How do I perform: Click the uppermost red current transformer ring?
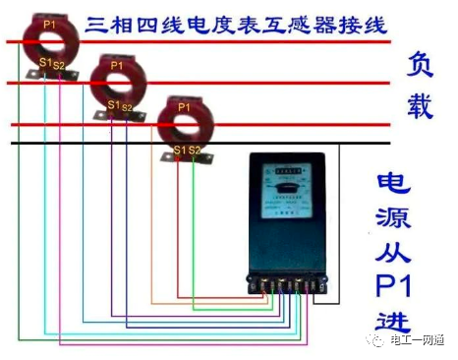[x=48, y=41]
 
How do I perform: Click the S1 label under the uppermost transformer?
[x=44, y=65]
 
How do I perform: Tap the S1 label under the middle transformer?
[x=112, y=105]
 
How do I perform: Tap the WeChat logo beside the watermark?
[x=381, y=337]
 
